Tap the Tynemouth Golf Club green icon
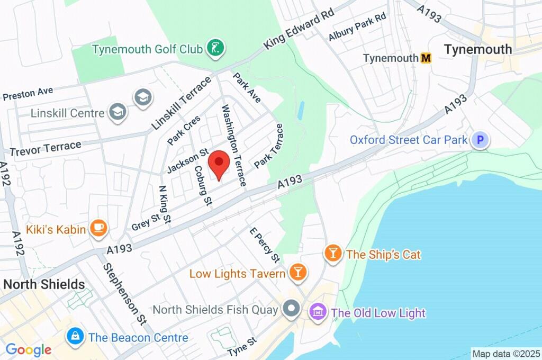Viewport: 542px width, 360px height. (x=215, y=49)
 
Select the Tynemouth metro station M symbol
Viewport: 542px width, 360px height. (x=426, y=58)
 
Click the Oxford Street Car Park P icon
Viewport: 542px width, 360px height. (x=480, y=140)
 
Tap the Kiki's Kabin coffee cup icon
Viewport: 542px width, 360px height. (x=98, y=228)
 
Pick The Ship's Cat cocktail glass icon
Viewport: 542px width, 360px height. (x=333, y=254)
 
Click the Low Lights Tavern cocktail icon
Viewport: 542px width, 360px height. (x=297, y=273)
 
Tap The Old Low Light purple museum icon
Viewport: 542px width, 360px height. (x=318, y=312)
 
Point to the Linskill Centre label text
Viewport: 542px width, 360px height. (x=68, y=113)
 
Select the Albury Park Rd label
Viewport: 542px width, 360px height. (x=357, y=27)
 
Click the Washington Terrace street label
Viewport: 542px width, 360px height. (x=233, y=145)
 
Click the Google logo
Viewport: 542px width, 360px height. (x=29, y=349)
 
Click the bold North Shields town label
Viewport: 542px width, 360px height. (x=44, y=284)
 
